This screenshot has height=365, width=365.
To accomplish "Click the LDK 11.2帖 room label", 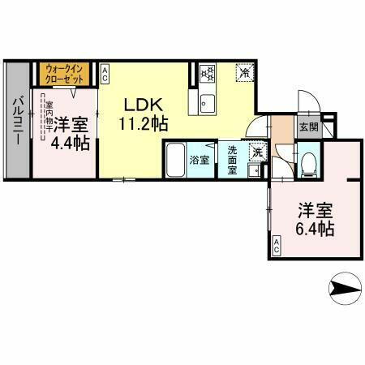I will [x=144, y=114].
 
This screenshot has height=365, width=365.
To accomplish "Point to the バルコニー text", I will [x=16, y=122].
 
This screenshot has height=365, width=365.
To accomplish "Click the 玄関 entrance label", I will [x=307, y=127].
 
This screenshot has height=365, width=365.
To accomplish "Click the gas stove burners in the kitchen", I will [x=206, y=75].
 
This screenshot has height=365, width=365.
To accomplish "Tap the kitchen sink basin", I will [x=205, y=104].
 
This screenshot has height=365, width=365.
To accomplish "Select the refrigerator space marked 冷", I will [x=244, y=73].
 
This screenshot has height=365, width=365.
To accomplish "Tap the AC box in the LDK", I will [x=105, y=74].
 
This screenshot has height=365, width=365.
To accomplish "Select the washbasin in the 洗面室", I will [x=254, y=170].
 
